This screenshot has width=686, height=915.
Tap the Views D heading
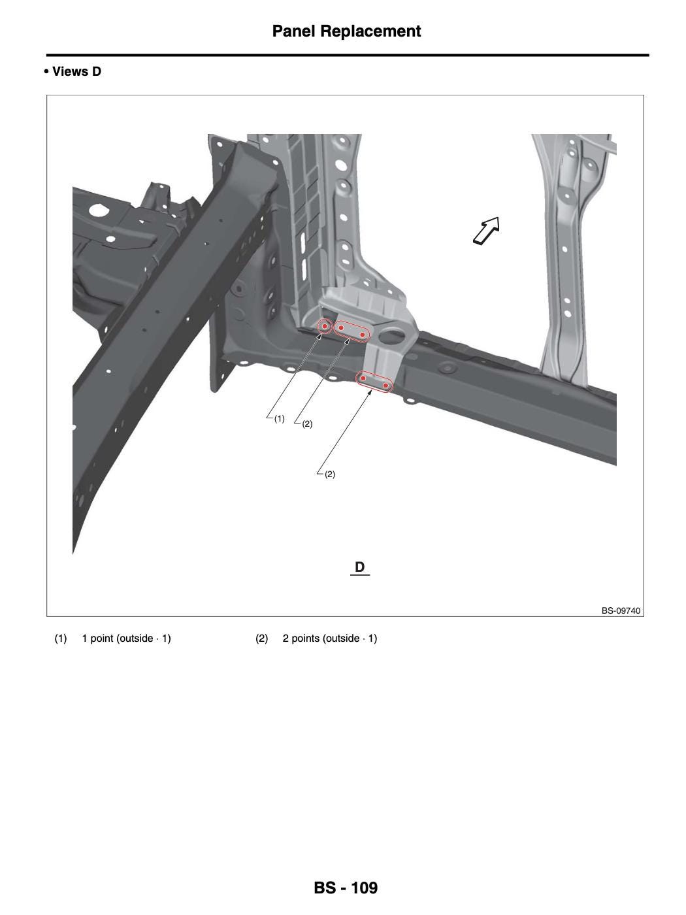76,72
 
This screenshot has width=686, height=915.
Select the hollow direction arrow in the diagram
487,231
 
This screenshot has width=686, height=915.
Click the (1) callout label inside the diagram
279,418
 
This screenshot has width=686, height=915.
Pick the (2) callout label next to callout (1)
307,424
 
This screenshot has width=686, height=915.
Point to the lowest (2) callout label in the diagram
330,474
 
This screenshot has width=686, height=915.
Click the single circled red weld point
325,326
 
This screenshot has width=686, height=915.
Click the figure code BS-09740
621,610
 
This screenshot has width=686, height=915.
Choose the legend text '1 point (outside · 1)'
127,638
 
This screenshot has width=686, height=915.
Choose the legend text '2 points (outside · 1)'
330,638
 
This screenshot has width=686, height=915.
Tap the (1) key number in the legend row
60,638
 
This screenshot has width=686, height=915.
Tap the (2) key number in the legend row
261,638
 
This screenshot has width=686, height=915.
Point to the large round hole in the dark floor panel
98,210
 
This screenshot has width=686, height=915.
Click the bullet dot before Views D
46,72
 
